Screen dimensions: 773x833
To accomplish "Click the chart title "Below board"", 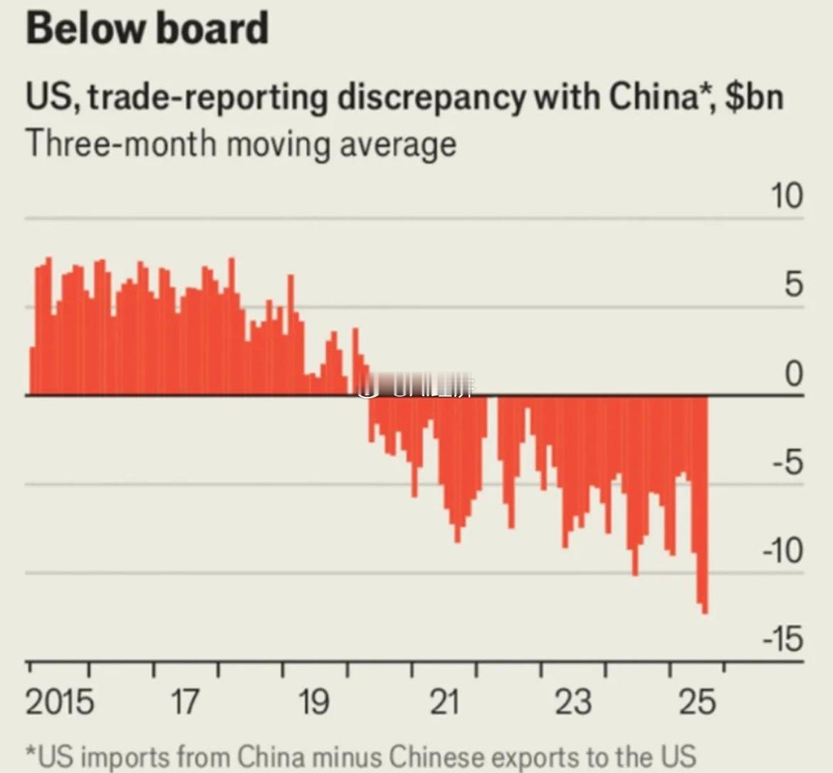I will coord(147,28).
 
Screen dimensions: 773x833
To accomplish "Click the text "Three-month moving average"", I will coord(241,144).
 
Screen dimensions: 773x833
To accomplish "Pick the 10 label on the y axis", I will coord(786,196).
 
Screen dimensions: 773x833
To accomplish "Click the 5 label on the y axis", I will coord(793,285).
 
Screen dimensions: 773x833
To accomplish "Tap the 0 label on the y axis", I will coord(793,374).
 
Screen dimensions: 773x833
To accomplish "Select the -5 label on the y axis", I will coord(786,463).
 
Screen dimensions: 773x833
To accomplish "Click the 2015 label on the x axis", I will coord(60,702).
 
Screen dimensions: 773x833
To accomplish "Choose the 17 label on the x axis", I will coord(184,702).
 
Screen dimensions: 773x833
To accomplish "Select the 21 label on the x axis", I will coord(444,702).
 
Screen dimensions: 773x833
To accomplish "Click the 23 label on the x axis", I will coord(572,702).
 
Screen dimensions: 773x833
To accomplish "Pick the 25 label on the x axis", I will coord(697,702).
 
